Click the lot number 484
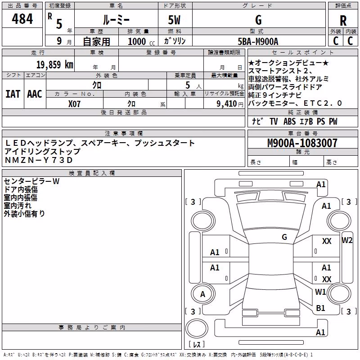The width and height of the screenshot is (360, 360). pos(22,18)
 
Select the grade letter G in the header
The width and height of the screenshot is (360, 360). pos(258,20)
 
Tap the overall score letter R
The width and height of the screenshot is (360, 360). pos(343,21)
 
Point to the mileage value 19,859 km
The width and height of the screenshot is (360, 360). pos(54,65)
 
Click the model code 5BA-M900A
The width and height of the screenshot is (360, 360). pos(258,41)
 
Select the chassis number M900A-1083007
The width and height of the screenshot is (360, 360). pos(302,143)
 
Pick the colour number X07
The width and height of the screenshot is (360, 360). pos(74,104)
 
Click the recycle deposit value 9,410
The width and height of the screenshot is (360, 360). pos(227,104)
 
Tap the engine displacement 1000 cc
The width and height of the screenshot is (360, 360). pos(141,42)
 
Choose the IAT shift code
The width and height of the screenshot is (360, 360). pos(13,94)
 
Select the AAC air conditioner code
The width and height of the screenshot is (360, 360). pos(35,94)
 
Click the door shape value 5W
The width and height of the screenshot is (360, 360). pos(174,20)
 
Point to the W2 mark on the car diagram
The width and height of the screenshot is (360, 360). pos(347,240)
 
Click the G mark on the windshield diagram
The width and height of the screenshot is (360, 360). pos(284,237)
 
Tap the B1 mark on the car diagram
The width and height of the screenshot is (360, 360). pos(320,308)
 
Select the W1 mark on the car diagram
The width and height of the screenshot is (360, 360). pos(320,292)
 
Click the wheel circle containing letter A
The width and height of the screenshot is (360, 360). pos(203,294)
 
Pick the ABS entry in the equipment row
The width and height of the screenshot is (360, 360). pos(289,121)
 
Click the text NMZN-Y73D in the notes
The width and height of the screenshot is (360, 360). pos(39,160)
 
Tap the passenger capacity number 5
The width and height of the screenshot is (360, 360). pos(188,85)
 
